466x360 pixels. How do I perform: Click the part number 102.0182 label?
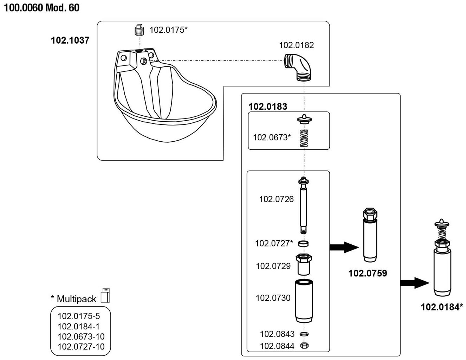click(296, 45)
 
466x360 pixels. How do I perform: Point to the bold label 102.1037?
click(70, 40)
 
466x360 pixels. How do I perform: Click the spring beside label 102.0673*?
click(304, 138)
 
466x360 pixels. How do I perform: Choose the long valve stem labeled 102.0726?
click(303, 206)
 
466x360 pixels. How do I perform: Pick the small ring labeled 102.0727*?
click(303, 243)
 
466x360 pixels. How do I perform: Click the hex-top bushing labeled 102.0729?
click(304, 264)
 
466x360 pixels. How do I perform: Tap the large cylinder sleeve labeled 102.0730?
click(304, 301)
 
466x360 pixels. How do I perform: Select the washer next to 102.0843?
click(304, 333)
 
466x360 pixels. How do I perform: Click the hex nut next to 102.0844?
click(304, 346)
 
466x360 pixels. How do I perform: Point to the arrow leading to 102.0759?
click(344, 247)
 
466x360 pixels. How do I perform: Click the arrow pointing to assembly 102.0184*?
click(415, 283)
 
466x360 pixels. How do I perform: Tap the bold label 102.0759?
click(367, 273)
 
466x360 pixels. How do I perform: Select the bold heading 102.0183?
click(267, 106)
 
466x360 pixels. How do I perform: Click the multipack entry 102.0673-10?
click(81, 336)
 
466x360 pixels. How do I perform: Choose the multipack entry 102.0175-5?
click(79, 316)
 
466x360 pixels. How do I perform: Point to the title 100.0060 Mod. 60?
click(41, 8)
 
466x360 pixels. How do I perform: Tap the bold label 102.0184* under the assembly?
click(442, 307)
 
